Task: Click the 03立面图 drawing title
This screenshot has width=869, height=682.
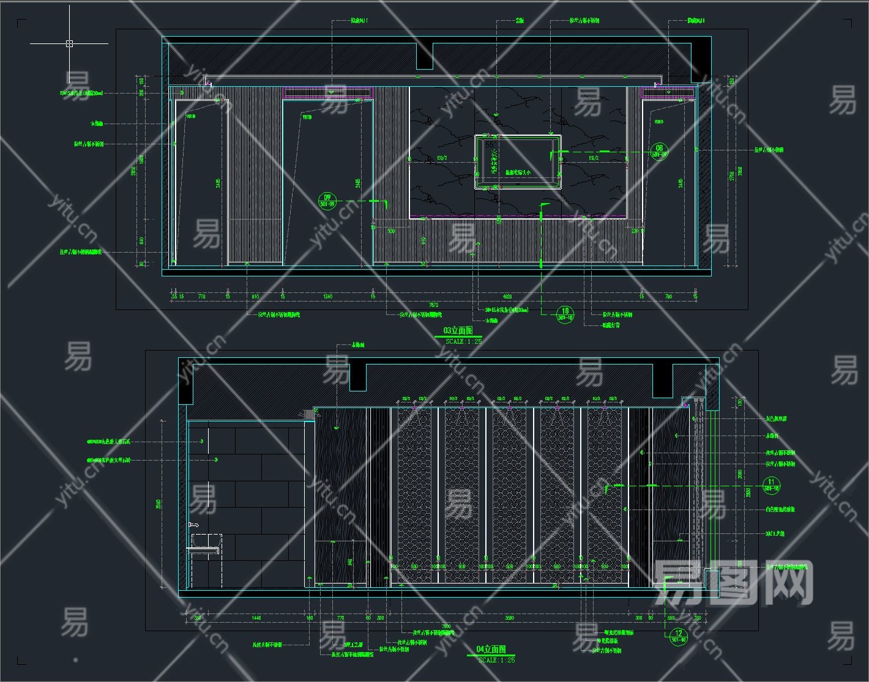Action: [x=458, y=331]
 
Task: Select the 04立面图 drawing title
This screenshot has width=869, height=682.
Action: [x=491, y=649]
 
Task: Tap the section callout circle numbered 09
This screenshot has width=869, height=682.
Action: [x=327, y=200]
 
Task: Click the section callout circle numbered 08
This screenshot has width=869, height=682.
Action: [x=659, y=151]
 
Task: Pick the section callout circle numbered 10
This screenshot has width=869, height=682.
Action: [x=565, y=314]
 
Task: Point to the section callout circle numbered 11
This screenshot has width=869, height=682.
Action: [x=771, y=485]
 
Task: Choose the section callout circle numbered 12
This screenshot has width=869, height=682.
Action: [x=678, y=636]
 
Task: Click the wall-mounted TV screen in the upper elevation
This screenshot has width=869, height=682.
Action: [x=518, y=161]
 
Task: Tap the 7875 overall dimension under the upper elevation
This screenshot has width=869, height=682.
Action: [x=433, y=305]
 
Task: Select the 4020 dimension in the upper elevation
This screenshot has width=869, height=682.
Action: [x=507, y=297]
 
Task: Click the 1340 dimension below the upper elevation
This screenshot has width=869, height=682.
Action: [x=327, y=297]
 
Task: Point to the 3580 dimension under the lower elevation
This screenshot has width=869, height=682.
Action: [x=509, y=618]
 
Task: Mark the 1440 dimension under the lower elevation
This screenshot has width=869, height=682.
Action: [x=256, y=618]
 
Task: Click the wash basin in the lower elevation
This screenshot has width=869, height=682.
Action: [x=206, y=541]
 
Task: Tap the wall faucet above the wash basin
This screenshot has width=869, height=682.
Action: [x=194, y=525]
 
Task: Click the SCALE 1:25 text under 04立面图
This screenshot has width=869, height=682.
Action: [x=496, y=660]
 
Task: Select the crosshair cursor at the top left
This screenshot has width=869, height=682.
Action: [x=69, y=43]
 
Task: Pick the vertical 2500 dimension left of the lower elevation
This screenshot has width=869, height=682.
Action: [x=158, y=504]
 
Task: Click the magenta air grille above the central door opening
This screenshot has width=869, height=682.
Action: [x=328, y=92]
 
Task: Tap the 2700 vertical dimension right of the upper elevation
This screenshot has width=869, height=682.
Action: [x=729, y=176]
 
